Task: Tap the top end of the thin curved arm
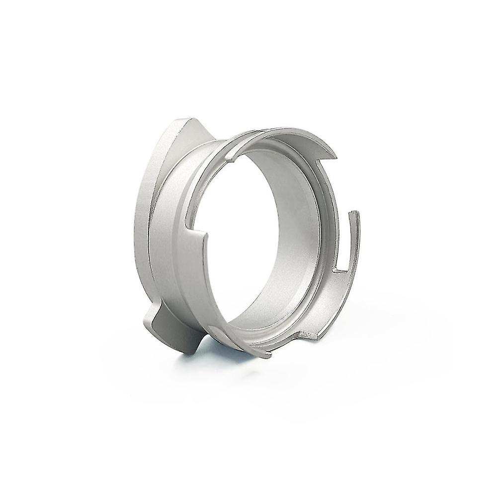(x=354, y=215)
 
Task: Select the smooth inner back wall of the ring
(x=293, y=199)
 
